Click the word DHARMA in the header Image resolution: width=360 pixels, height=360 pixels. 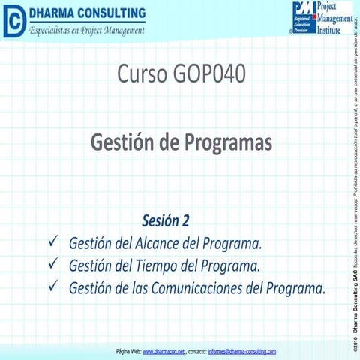(53, 13)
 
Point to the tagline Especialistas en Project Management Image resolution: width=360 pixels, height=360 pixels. (86, 29)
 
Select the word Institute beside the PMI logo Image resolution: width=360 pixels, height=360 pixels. (333, 30)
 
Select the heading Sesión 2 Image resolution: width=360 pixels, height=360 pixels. (166, 221)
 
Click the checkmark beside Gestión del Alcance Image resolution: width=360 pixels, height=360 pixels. (52, 243)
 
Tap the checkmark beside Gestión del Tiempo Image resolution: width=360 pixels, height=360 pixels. (52, 265)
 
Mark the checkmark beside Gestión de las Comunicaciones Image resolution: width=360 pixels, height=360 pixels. (52, 286)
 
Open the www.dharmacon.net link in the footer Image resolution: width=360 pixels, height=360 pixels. (163, 351)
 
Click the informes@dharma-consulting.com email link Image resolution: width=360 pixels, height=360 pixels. (242, 351)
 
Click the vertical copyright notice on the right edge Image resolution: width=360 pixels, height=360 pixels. (352, 180)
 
